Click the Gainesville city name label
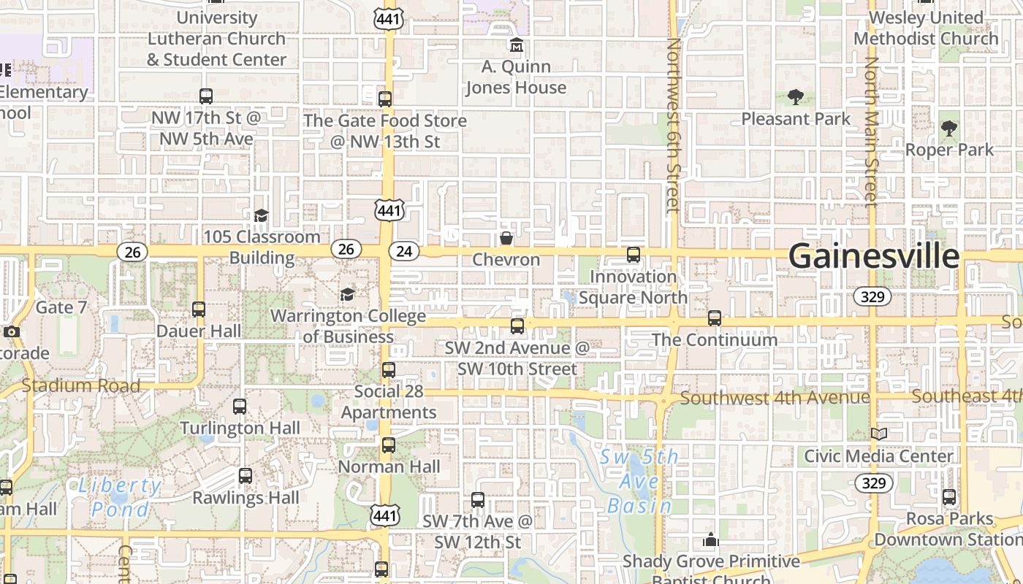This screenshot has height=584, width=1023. point(873,256)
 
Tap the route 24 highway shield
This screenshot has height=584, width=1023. point(404,252)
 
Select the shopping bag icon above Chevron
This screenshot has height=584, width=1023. point(506,238)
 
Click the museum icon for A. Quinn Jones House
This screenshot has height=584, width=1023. point(517,45)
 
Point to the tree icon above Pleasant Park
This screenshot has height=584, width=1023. point(796,96)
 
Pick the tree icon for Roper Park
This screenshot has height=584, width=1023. point(949,128)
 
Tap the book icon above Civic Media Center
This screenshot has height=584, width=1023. point(878,434)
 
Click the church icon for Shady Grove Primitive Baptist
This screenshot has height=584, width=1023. point(711,540)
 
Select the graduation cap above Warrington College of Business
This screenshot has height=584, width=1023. point(347,294)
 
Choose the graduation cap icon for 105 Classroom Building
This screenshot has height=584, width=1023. point(261,215)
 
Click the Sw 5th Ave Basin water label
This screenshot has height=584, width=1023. point(640,481)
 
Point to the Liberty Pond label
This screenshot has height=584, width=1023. point(120,497)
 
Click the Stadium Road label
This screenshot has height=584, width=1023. point(80,386)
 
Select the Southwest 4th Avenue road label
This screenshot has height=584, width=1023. point(775,398)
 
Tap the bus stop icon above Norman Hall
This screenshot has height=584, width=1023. point(389,445)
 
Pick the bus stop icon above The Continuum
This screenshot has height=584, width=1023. point(715,318)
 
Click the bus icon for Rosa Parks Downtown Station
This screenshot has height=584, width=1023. point(949,497)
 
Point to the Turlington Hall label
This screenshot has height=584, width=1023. point(240,428)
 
